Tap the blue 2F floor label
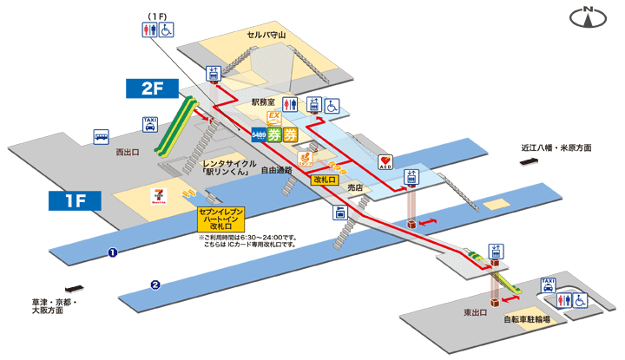(151, 88)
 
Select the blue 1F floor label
(76, 201)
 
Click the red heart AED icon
(385, 162)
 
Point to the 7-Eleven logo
(159, 192)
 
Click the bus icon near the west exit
(102, 137)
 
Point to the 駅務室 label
(263, 102)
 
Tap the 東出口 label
(474, 310)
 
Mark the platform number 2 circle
(155, 284)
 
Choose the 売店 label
(353, 187)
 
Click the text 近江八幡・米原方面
(556, 148)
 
